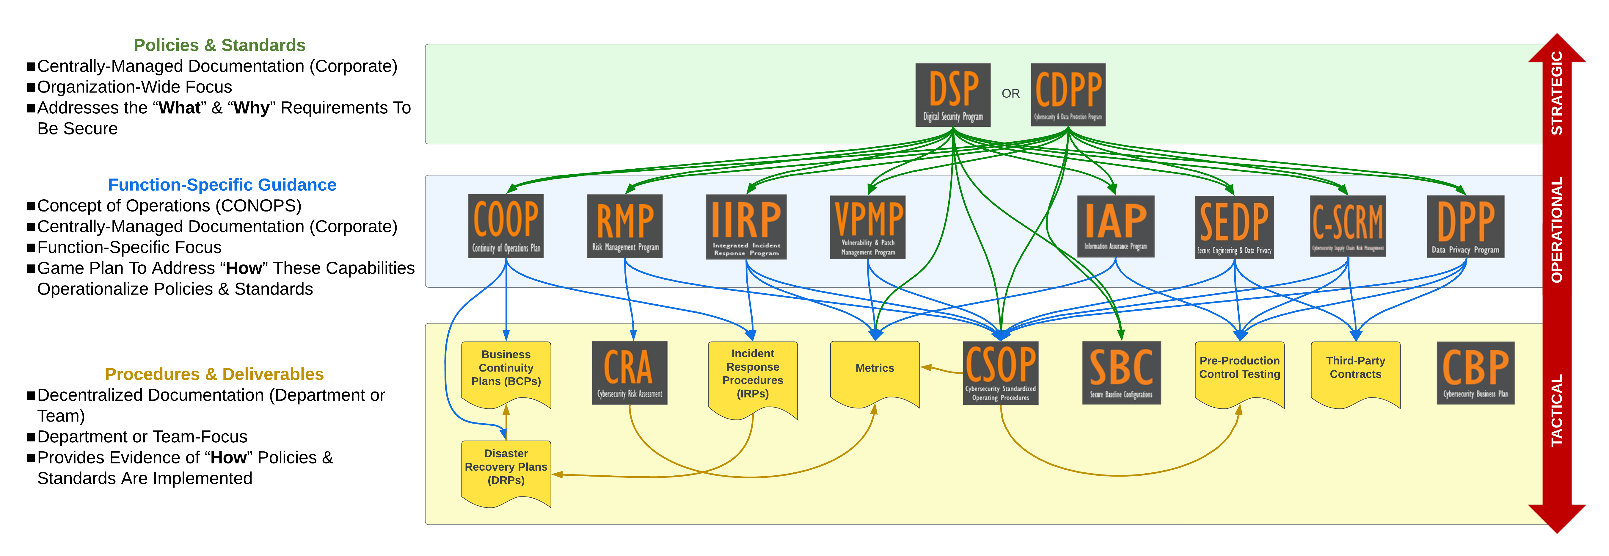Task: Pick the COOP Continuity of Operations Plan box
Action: [506, 225]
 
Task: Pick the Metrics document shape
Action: [875, 372]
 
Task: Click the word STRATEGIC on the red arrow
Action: [1557, 94]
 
